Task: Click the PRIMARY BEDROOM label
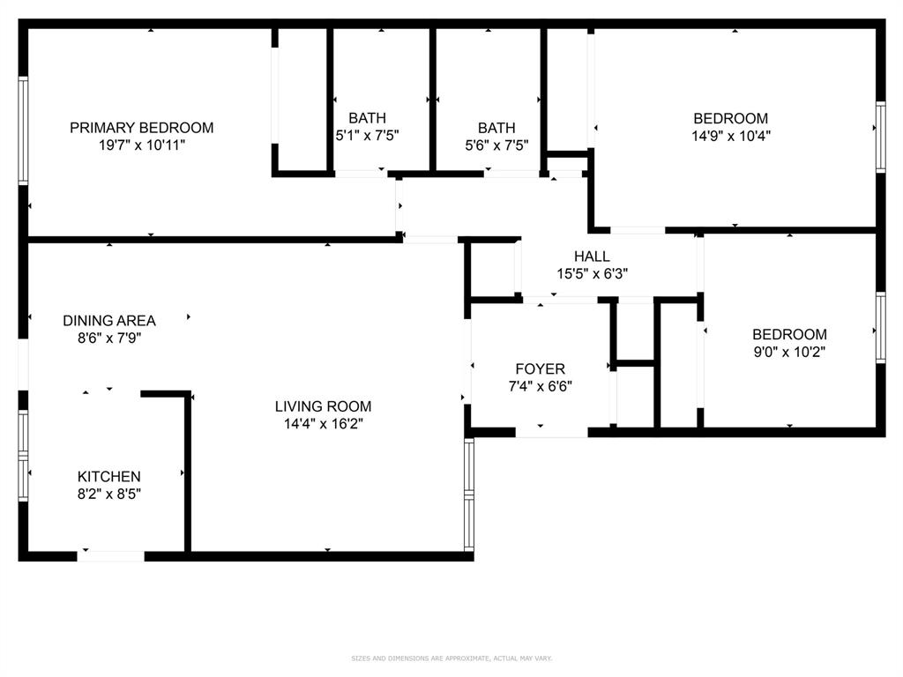click(x=141, y=128)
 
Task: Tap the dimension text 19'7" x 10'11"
click(x=141, y=145)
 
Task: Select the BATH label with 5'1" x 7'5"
click(x=367, y=118)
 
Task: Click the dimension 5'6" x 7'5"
click(x=496, y=145)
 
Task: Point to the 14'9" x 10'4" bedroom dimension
click(x=730, y=137)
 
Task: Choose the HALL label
click(x=592, y=257)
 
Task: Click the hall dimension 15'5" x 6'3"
click(x=592, y=274)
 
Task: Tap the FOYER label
click(x=540, y=368)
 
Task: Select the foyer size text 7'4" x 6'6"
click(x=540, y=386)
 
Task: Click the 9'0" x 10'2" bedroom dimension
click(x=789, y=352)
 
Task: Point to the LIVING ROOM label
click(x=323, y=406)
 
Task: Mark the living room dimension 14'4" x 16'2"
click(x=323, y=424)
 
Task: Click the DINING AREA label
click(x=109, y=321)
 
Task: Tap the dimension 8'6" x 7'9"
click(x=109, y=338)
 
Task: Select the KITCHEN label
click(x=108, y=477)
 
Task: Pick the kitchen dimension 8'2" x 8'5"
click(x=108, y=495)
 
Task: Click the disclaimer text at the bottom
click(x=451, y=658)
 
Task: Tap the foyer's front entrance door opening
click(x=551, y=432)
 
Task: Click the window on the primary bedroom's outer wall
click(x=24, y=130)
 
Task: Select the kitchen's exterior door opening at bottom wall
click(x=111, y=555)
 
